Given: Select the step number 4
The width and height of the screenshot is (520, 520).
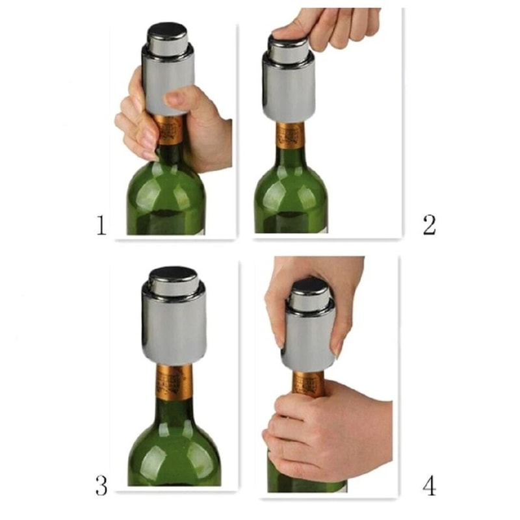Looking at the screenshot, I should click(429, 485).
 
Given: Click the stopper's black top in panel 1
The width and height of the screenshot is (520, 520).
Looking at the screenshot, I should click(167, 32).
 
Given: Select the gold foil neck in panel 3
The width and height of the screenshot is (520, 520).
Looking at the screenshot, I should click(174, 381).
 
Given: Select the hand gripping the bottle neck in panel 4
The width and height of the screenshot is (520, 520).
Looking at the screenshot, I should click(325, 429).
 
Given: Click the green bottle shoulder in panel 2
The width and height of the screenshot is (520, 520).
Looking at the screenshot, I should click(290, 195).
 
